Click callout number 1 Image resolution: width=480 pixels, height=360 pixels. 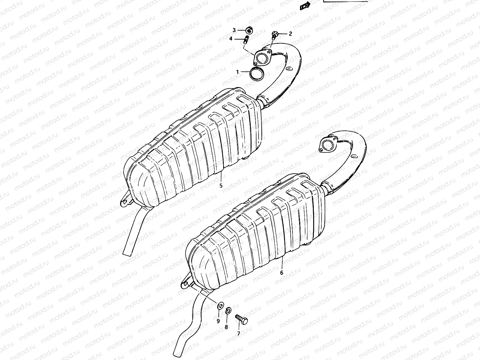237,72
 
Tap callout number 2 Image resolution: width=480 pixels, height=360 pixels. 290,34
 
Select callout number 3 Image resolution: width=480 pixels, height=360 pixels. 234,30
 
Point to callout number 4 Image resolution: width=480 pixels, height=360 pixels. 231,39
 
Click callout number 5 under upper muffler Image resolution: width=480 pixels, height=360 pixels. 221,185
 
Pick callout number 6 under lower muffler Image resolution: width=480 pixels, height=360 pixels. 282,273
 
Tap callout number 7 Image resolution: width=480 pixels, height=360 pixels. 239,333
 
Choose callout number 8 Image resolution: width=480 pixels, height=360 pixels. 226,327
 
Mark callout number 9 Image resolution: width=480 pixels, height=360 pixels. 218,321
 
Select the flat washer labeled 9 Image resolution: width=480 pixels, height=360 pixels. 220,306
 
